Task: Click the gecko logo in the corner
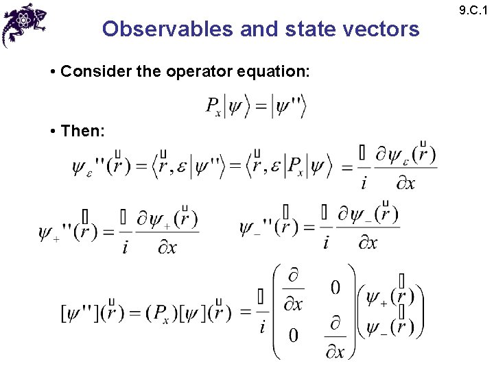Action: (x=25, y=23)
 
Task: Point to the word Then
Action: (x=82, y=130)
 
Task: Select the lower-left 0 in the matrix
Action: (x=293, y=335)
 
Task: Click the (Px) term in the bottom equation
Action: (x=159, y=313)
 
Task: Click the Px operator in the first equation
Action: (x=214, y=106)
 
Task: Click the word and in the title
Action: (x=259, y=29)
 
